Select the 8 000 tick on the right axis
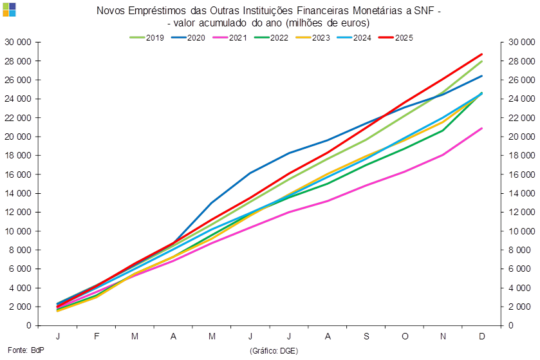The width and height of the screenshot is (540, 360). [520, 250]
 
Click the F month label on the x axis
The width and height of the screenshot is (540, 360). [97, 337]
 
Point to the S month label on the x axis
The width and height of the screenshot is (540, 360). [366, 337]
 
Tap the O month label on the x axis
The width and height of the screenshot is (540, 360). [405, 337]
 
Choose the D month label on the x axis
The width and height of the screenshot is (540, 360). [482, 337]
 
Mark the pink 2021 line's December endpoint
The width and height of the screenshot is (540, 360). [482, 128]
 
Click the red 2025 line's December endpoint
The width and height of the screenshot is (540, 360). [482, 54]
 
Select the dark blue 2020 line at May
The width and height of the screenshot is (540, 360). [212, 204]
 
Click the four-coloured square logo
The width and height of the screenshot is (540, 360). [9, 9]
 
